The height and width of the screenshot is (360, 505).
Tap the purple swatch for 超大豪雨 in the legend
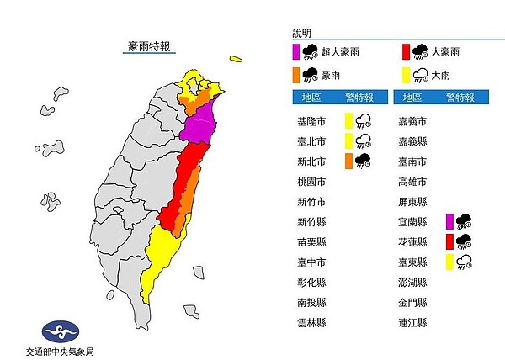(x=297, y=51)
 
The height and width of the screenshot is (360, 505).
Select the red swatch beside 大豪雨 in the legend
(x=405, y=51)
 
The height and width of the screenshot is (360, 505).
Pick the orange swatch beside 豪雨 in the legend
(x=297, y=74)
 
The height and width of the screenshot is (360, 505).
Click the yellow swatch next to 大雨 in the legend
(x=405, y=74)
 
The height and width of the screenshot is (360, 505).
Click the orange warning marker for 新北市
(x=348, y=160)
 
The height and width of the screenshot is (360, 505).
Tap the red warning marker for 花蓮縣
(x=450, y=241)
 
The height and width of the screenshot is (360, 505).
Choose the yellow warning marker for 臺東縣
(x=450, y=262)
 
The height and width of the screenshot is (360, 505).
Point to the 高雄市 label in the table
(x=411, y=180)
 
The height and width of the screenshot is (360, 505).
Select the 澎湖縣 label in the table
(x=411, y=282)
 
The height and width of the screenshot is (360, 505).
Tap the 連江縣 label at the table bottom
(x=411, y=322)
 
